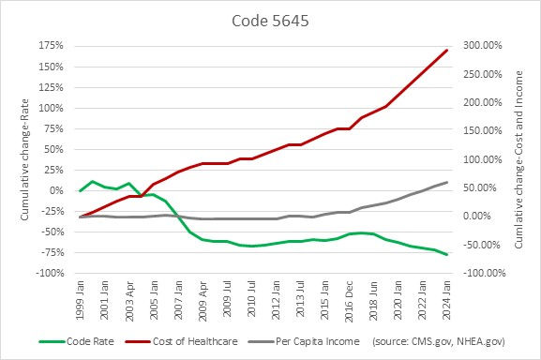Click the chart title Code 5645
pyautogui.click(x=270, y=20)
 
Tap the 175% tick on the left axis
pyautogui.click(x=51, y=46)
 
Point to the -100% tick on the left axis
pyautogui.click(x=49, y=273)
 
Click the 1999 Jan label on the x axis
pyautogui.click(x=81, y=298)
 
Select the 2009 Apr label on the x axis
pyautogui.click(x=203, y=298)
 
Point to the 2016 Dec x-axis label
pyautogui.click(x=349, y=298)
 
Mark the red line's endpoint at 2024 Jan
pyautogui.click(x=446, y=51)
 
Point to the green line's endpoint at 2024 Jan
pyautogui.click(x=446, y=255)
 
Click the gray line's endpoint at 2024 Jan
pyautogui.click(x=446, y=182)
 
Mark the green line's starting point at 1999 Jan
pyautogui.click(x=81, y=191)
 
